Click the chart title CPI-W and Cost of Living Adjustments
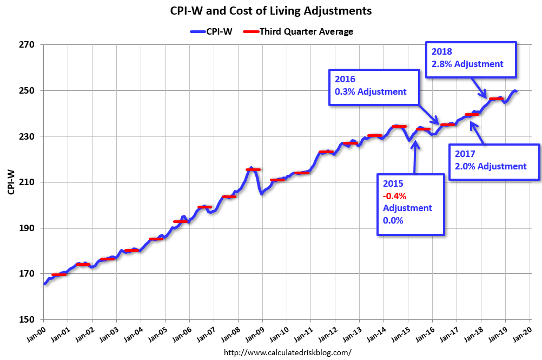coord(271,11)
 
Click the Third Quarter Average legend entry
coord(299,31)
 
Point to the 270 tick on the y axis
coord(28,45)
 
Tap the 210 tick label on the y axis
coord(28,182)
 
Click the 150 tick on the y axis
coord(28,320)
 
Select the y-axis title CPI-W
coord(11,182)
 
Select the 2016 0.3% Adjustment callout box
coord(373,87)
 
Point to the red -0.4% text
coord(395,195)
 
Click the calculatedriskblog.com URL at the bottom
coord(287,352)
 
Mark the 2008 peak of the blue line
coord(250,168)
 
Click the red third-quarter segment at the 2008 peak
coord(253,169)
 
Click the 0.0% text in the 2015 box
coord(394,220)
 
